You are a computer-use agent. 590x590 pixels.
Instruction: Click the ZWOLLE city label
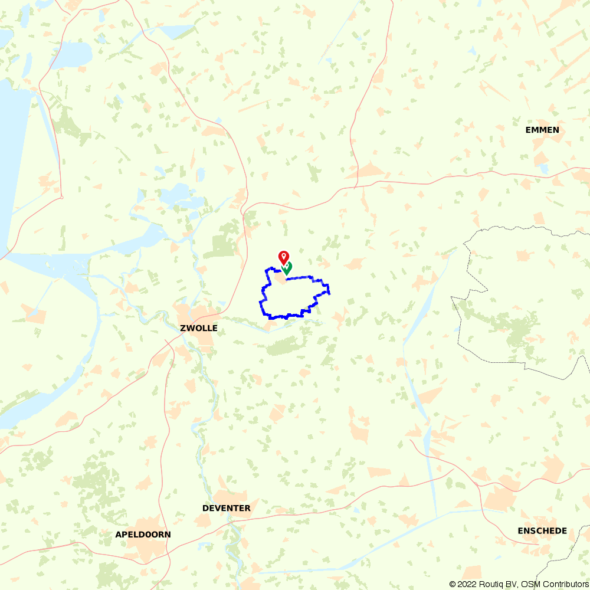pos(199,328)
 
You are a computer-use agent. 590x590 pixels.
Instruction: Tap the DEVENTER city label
pos(226,508)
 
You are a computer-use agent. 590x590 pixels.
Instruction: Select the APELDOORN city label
pos(143,535)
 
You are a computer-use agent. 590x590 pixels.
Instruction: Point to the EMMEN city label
pos(542,130)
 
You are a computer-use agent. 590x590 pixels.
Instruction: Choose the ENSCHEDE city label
pos(542,530)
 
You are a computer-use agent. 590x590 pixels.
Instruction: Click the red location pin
pos(284,257)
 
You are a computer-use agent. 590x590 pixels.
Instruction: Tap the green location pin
pos(287,268)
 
